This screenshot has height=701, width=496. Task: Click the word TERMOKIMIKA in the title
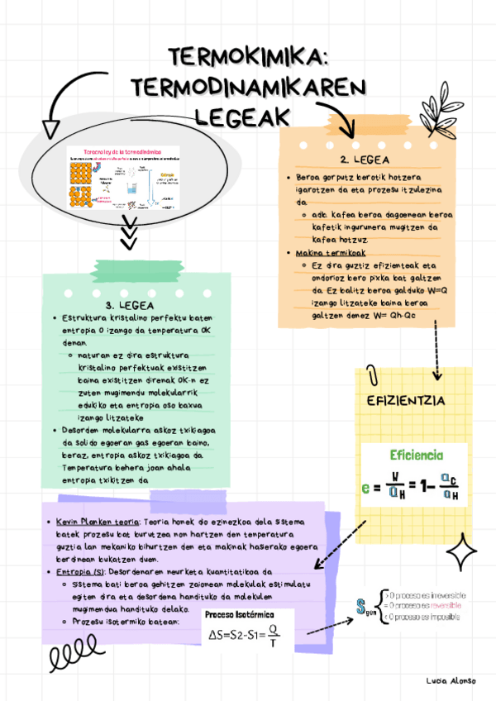pos(249,58)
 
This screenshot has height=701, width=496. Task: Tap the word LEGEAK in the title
pos(247,113)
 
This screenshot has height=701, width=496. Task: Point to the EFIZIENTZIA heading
pos(406,401)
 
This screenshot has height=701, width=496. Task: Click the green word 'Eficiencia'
pos(416,455)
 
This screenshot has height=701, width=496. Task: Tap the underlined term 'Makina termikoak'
pos(331,252)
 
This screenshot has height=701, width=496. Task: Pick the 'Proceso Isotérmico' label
pos(239,615)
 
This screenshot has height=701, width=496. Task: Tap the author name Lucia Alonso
pos(451,680)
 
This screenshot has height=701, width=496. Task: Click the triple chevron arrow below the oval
pos(128,233)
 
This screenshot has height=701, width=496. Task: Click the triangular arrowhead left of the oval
pos(50,127)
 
